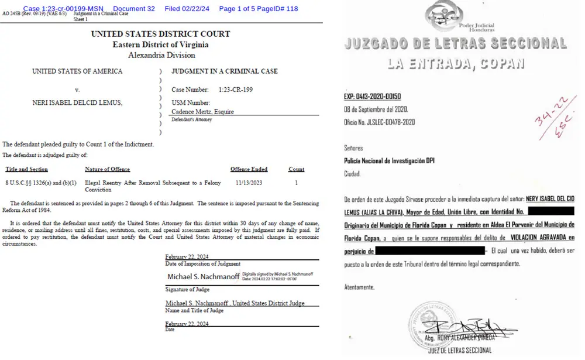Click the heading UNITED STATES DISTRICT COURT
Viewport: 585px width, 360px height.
pos(160,34)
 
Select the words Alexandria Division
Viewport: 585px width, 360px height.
pos(160,55)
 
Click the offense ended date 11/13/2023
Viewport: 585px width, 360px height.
pos(249,183)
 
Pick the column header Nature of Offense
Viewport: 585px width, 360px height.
pos(111,169)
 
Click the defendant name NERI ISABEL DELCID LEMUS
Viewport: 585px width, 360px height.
pos(77,103)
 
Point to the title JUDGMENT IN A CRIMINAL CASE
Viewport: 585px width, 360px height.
pos(224,71)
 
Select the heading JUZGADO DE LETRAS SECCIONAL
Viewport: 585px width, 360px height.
pos(456,44)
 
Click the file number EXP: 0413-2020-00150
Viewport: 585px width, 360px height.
pos(372,97)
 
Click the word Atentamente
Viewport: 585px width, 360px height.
pos(359,287)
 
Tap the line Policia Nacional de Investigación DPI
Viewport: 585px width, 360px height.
pos(389,160)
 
